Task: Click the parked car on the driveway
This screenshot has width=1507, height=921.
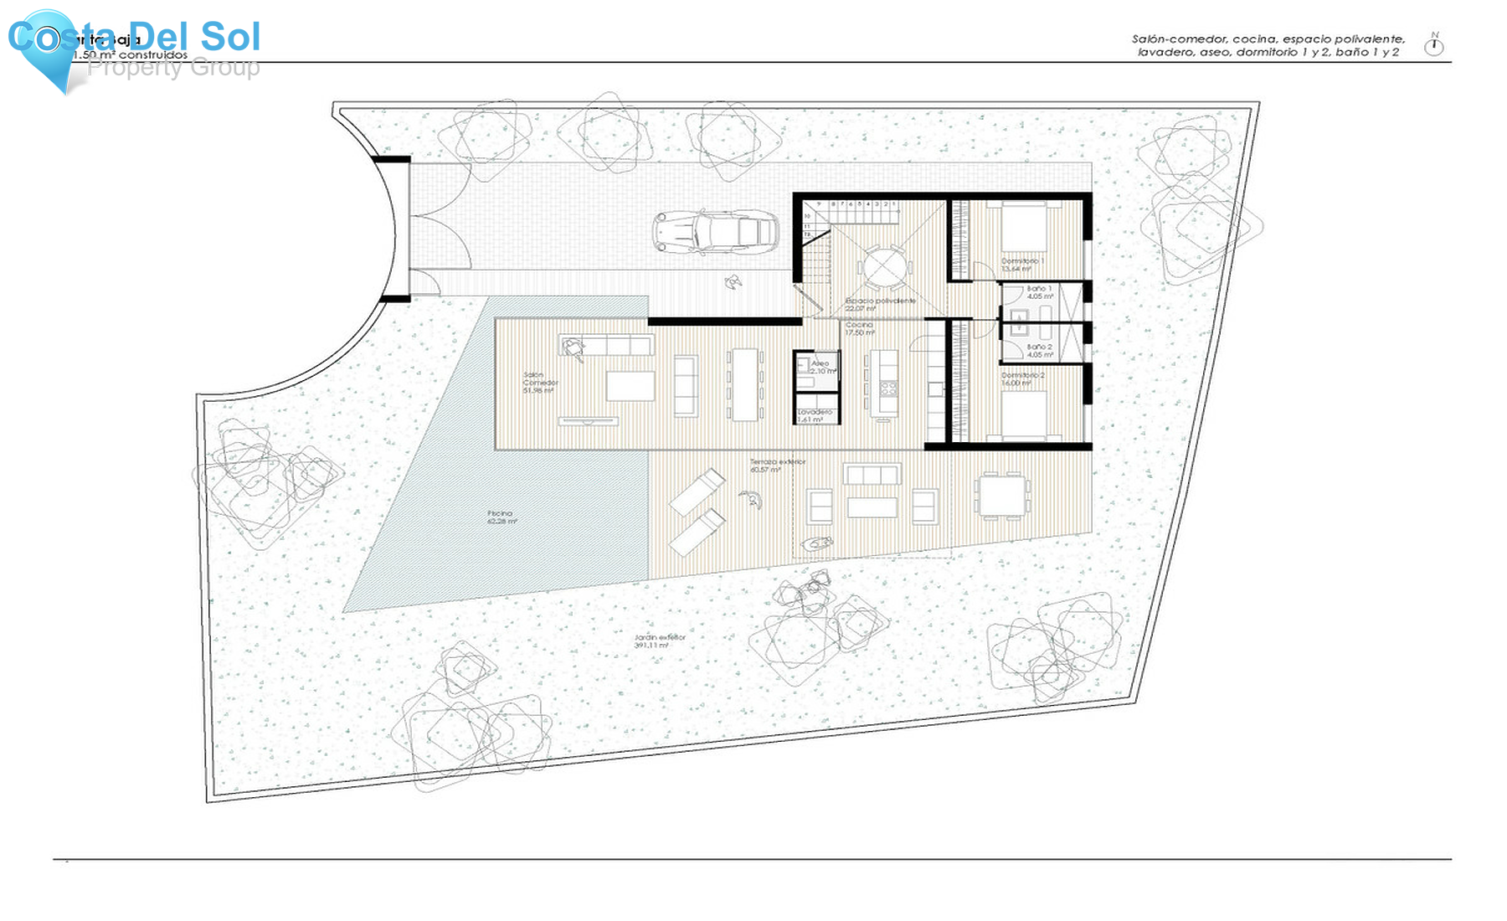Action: pos(716,232)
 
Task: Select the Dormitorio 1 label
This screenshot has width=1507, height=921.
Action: pos(1022,265)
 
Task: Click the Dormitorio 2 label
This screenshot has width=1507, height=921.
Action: pos(1022,378)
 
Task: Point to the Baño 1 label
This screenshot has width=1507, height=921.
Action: pos(1039,292)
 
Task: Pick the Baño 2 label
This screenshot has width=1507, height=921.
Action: pos(1039,350)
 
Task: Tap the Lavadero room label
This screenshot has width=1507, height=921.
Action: pos(815,415)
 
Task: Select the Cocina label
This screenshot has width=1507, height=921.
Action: pos(859,328)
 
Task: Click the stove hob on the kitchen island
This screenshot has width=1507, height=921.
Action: pos(887,388)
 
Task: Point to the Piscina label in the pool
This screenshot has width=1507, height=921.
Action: pos(501,517)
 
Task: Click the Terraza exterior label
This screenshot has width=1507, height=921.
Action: pos(776,466)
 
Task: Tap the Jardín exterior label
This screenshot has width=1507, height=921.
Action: pos(660,641)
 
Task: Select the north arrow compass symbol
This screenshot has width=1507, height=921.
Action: pos(1434,45)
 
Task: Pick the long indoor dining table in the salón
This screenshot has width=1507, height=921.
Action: pos(743,385)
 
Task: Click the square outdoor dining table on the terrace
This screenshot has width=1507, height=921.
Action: pos(1001,496)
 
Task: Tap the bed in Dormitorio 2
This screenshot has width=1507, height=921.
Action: pos(1023,415)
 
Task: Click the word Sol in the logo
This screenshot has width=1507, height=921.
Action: pos(231,37)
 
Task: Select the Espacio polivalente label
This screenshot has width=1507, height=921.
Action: pos(879,304)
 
